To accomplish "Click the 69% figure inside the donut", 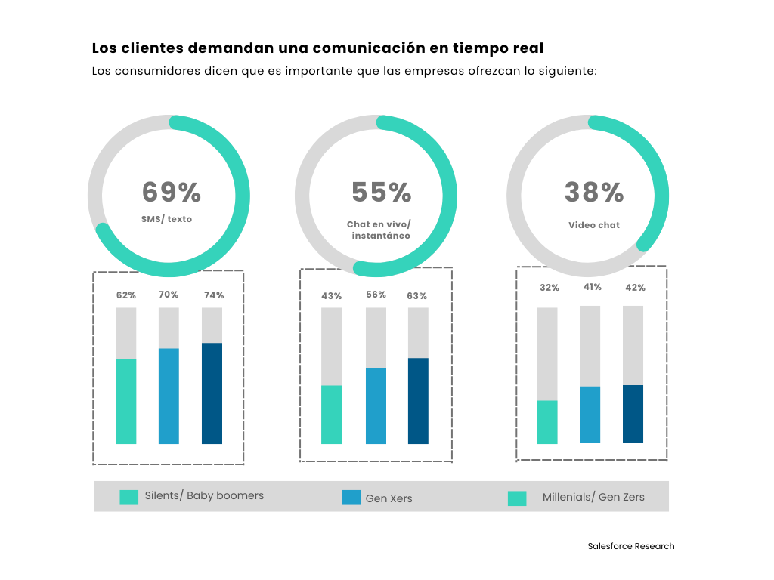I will (172, 193).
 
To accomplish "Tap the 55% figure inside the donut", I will (382, 193).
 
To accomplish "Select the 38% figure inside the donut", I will (594, 193).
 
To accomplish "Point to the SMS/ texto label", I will (166, 219).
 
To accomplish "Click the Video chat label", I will (594, 225).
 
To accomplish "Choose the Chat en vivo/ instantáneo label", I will (379, 230).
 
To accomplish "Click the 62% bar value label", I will (126, 295).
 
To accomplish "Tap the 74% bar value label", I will (214, 295).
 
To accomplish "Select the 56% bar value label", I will (376, 295).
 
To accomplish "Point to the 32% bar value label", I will (550, 288).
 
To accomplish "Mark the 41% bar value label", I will (592, 287).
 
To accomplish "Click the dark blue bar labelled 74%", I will (212, 393).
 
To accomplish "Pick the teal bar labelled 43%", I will (331, 415).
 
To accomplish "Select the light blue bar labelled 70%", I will (169, 396).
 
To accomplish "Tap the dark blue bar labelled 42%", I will (633, 413).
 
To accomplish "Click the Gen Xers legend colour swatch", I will (351, 497).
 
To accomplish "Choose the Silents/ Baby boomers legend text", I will (204, 496).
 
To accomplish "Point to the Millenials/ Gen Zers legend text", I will (593, 497).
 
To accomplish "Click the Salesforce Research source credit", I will (631, 546).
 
